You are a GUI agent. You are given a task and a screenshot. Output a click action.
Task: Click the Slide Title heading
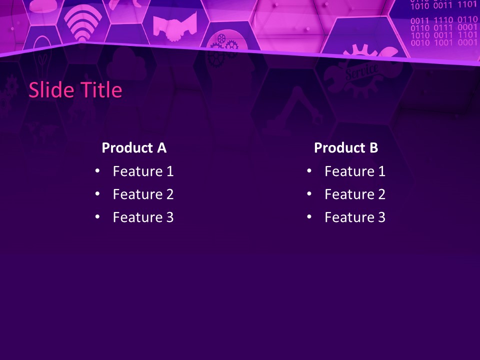[75, 90]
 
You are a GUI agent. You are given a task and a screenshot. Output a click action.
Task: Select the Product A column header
[134, 148]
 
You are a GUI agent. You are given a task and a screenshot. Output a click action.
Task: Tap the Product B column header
[346, 148]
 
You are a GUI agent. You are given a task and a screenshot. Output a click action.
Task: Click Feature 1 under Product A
[143, 171]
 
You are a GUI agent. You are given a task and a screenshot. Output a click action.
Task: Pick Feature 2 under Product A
[143, 194]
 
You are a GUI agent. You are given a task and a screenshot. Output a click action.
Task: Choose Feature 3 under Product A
[143, 217]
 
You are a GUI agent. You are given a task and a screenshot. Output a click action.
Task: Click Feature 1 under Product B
[355, 171]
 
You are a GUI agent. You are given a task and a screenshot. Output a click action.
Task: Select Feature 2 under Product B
[355, 194]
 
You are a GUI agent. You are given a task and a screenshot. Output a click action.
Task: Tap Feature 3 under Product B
[355, 217]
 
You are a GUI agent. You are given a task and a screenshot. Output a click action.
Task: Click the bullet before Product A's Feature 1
[97, 171]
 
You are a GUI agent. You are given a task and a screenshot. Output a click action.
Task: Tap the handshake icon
[174, 26]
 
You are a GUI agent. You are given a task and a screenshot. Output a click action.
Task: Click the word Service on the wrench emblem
[361, 71]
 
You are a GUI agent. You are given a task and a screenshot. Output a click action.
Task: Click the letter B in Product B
[373, 148]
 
